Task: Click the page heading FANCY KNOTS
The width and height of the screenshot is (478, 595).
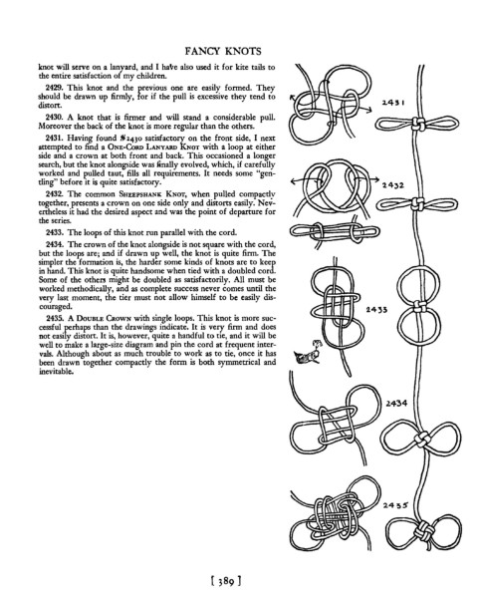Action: (x=223, y=51)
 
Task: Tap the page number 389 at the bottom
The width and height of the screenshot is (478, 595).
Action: (x=225, y=580)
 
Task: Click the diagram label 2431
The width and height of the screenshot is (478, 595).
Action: (x=393, y=102)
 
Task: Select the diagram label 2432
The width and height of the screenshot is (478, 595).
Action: (x=393, y=185)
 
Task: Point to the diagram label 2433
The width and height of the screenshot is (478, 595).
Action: (x=376, y=309)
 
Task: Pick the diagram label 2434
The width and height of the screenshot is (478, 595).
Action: (x=397, y=403)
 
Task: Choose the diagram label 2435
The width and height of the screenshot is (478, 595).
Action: (x=395, y=504)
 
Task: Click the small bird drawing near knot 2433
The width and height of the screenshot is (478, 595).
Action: (x=308, y=354)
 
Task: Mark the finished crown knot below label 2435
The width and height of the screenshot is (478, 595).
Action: (x=424, y=530)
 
